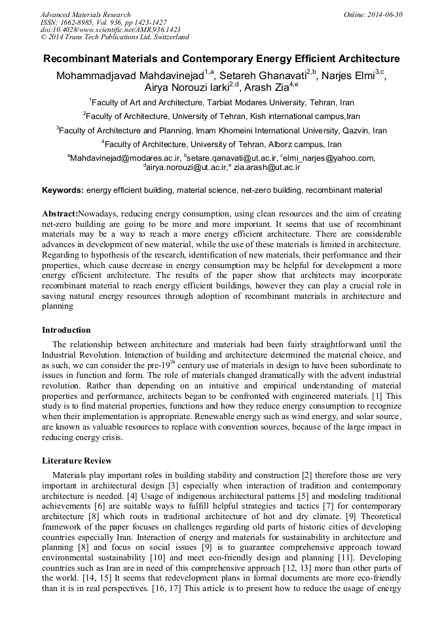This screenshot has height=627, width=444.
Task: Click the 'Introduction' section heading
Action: coord(66,330)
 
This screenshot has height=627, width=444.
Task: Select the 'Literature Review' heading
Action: coord(77,461)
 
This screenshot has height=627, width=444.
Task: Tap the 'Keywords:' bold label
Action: coord(63,190)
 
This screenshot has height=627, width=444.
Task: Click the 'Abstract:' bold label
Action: coord(60,214)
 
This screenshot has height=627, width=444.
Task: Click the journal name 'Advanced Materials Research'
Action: coord(86,14)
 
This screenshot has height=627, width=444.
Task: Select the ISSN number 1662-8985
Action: coord(76,22)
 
